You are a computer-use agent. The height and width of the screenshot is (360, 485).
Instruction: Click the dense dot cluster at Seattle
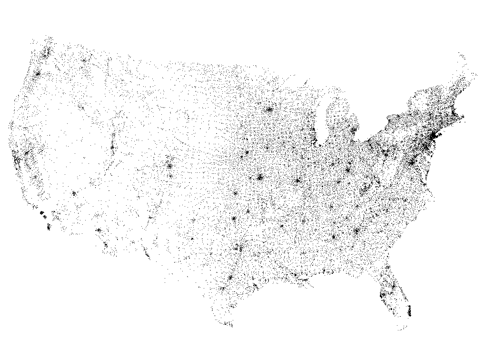tap(46, 55)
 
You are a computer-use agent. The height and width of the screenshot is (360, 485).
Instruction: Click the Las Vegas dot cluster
tap(74, 193)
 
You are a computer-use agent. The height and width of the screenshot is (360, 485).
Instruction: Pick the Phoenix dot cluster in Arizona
tap(99, 230)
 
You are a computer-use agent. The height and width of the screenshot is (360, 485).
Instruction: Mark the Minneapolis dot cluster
tap(269, 109)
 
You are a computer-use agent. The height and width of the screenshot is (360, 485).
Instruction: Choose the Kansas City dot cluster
tap(260, 177)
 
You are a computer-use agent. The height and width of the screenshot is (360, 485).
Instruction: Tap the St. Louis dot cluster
tap(297, 180)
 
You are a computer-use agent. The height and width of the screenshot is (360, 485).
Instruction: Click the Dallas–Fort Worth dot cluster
tap(239, 248)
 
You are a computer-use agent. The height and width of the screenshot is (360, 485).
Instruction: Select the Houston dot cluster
tap(229, 278)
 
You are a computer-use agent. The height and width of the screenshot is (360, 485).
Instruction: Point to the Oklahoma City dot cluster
tap(234, 219)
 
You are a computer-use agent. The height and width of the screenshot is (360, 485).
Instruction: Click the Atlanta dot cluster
tap(356, 231)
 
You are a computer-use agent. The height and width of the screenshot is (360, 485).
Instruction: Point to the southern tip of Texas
tap(230, 326)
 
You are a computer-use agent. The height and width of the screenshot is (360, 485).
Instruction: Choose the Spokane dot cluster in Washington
tap(85, 60)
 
